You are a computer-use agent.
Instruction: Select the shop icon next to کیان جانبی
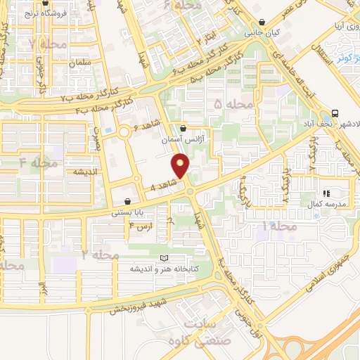pyautogui.click(x=262, y=22)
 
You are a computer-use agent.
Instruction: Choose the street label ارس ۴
pyautogui.click(x=140, y=227)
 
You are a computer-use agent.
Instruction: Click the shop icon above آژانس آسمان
pyautogui.click(x=184, y=129)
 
